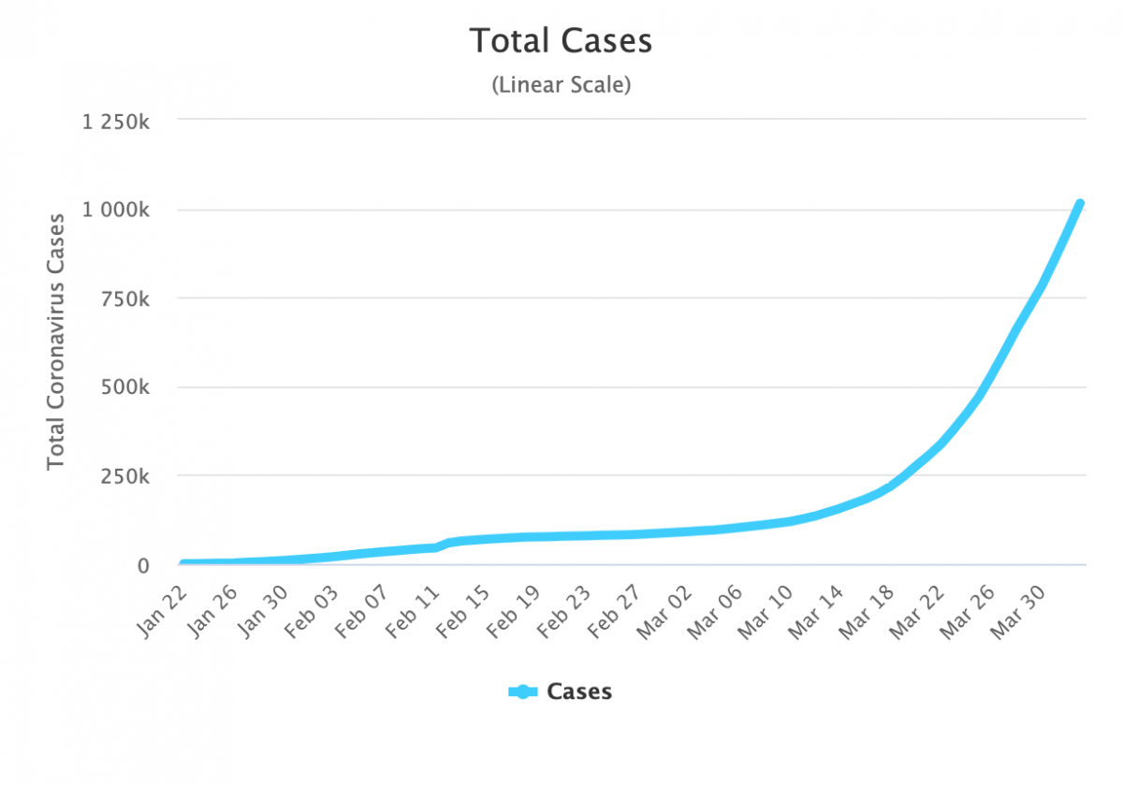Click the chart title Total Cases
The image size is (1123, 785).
tap(561, 41)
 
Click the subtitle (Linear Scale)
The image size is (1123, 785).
tap(561, 85)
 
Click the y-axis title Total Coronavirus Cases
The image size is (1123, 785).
tap(57, 342)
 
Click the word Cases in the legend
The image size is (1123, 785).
tap(579, 692)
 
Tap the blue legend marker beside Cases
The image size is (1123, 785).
tap(523, 692)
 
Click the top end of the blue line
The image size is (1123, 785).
tap(1079, 203)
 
